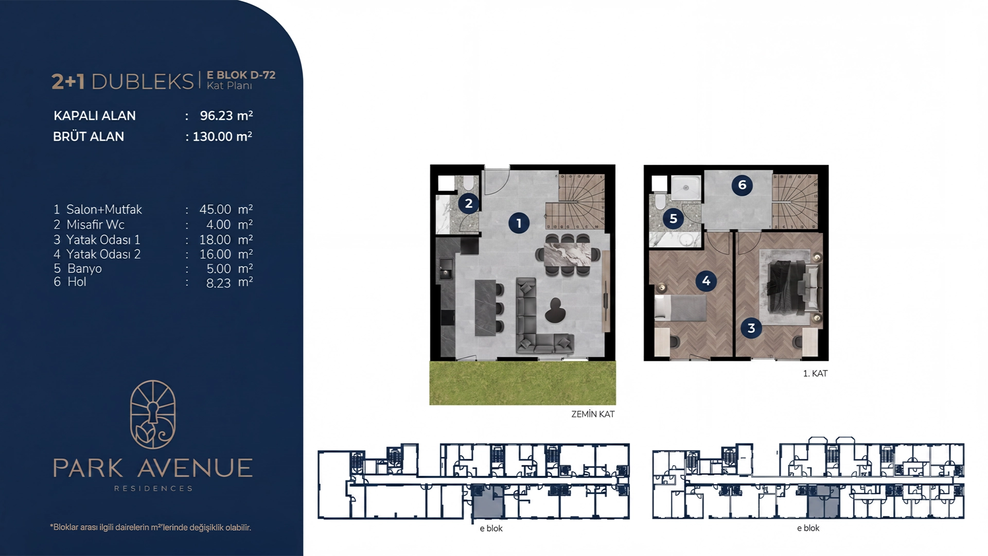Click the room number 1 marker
click(519, 223)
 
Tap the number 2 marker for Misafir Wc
click(468, 203)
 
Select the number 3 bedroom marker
click(751, 328)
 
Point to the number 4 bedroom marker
click(706, 281)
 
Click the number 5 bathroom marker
click(673, 219)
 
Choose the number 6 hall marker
click(742, 185)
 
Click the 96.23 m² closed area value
click(226, 115)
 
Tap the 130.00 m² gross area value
click(222, 136)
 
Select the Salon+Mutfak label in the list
click(104, 210)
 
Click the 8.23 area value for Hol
click(218, 283)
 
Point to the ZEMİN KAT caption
click(593, 414)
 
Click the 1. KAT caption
click(815, 373)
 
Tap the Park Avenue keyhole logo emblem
click(153, 414)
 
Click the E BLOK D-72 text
click(241, 75)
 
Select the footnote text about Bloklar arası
click(150, 527)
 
